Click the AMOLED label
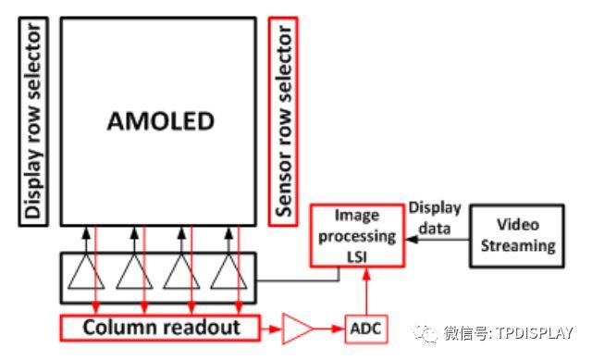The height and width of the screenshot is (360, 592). [x=160, y=121]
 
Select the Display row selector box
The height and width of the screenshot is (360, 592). [x=31, y=121]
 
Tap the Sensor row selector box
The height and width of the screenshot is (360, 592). [x=284, y=121]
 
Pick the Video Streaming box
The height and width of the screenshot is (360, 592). [x=517, y=235]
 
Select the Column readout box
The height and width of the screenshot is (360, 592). [x=162, y=328]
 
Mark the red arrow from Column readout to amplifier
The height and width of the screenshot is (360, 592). [x=270, y=327]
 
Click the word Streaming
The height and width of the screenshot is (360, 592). [x=517, y=246]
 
